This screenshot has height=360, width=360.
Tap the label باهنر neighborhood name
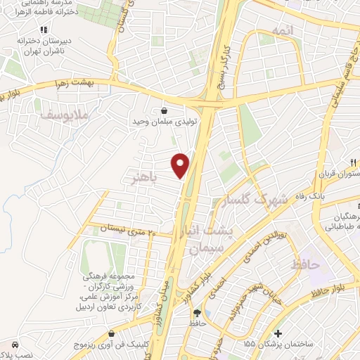(x=143, y=177)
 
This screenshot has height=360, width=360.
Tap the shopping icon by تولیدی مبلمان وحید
(x=164, y=110)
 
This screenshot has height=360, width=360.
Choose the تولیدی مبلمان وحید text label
(x=163, y=122)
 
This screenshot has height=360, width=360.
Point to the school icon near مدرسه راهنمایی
(x=44, y=30)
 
